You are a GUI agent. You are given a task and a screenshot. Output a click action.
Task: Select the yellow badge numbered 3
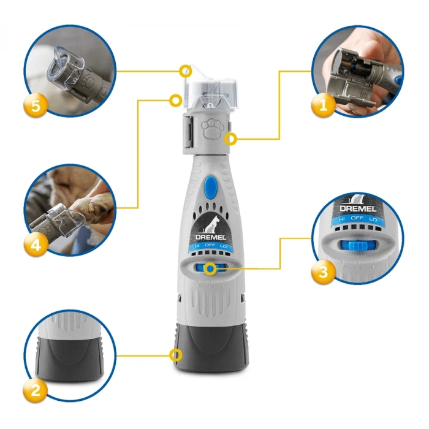322,271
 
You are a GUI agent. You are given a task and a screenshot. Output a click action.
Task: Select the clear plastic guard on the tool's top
210,90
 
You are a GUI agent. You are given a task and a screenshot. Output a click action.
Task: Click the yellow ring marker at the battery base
177,354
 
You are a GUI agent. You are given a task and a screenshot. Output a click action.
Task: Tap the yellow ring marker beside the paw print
230,139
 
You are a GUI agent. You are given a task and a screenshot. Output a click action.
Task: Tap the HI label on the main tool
196,245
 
